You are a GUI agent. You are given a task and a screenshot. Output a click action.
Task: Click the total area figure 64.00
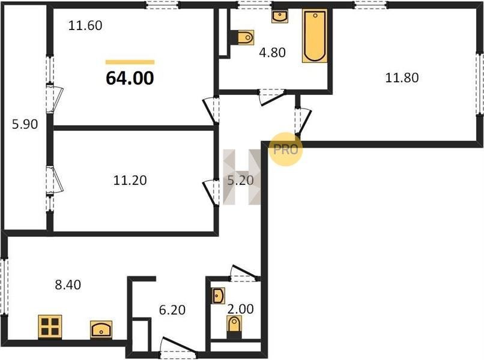[130, 78]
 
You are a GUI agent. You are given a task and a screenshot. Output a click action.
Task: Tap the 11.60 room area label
[85, 25]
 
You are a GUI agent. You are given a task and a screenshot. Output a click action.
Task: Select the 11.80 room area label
[402, 77]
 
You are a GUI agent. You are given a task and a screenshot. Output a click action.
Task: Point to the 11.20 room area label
[130, 180]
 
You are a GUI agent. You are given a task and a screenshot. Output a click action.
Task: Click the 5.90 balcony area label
[25, 124]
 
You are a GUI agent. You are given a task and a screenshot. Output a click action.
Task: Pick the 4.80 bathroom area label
[272, 53]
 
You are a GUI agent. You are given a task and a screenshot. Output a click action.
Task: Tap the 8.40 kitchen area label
[68, 284]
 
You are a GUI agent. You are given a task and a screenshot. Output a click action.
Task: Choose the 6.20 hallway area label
[172, 310]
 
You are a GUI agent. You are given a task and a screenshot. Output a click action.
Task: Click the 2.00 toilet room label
[240, 308]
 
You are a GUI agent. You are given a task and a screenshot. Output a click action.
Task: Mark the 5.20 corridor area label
[240, 180]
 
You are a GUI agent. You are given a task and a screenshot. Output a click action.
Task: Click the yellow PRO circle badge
[285, 149]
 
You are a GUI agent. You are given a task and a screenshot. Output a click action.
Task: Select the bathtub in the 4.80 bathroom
[315, 36]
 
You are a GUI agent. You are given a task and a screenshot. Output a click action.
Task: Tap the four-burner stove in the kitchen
[50, 327]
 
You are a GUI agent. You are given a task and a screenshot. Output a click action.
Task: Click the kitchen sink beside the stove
[101, 330]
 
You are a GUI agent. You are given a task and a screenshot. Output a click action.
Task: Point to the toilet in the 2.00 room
[234, 327]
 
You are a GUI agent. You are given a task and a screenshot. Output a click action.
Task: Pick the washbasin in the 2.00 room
[219, 296]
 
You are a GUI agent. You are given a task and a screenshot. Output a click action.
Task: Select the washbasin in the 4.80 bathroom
[280, 16]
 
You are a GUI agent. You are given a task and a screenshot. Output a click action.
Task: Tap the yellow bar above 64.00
[130, 62]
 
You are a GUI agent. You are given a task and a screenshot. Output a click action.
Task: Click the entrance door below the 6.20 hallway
[178, 349]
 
